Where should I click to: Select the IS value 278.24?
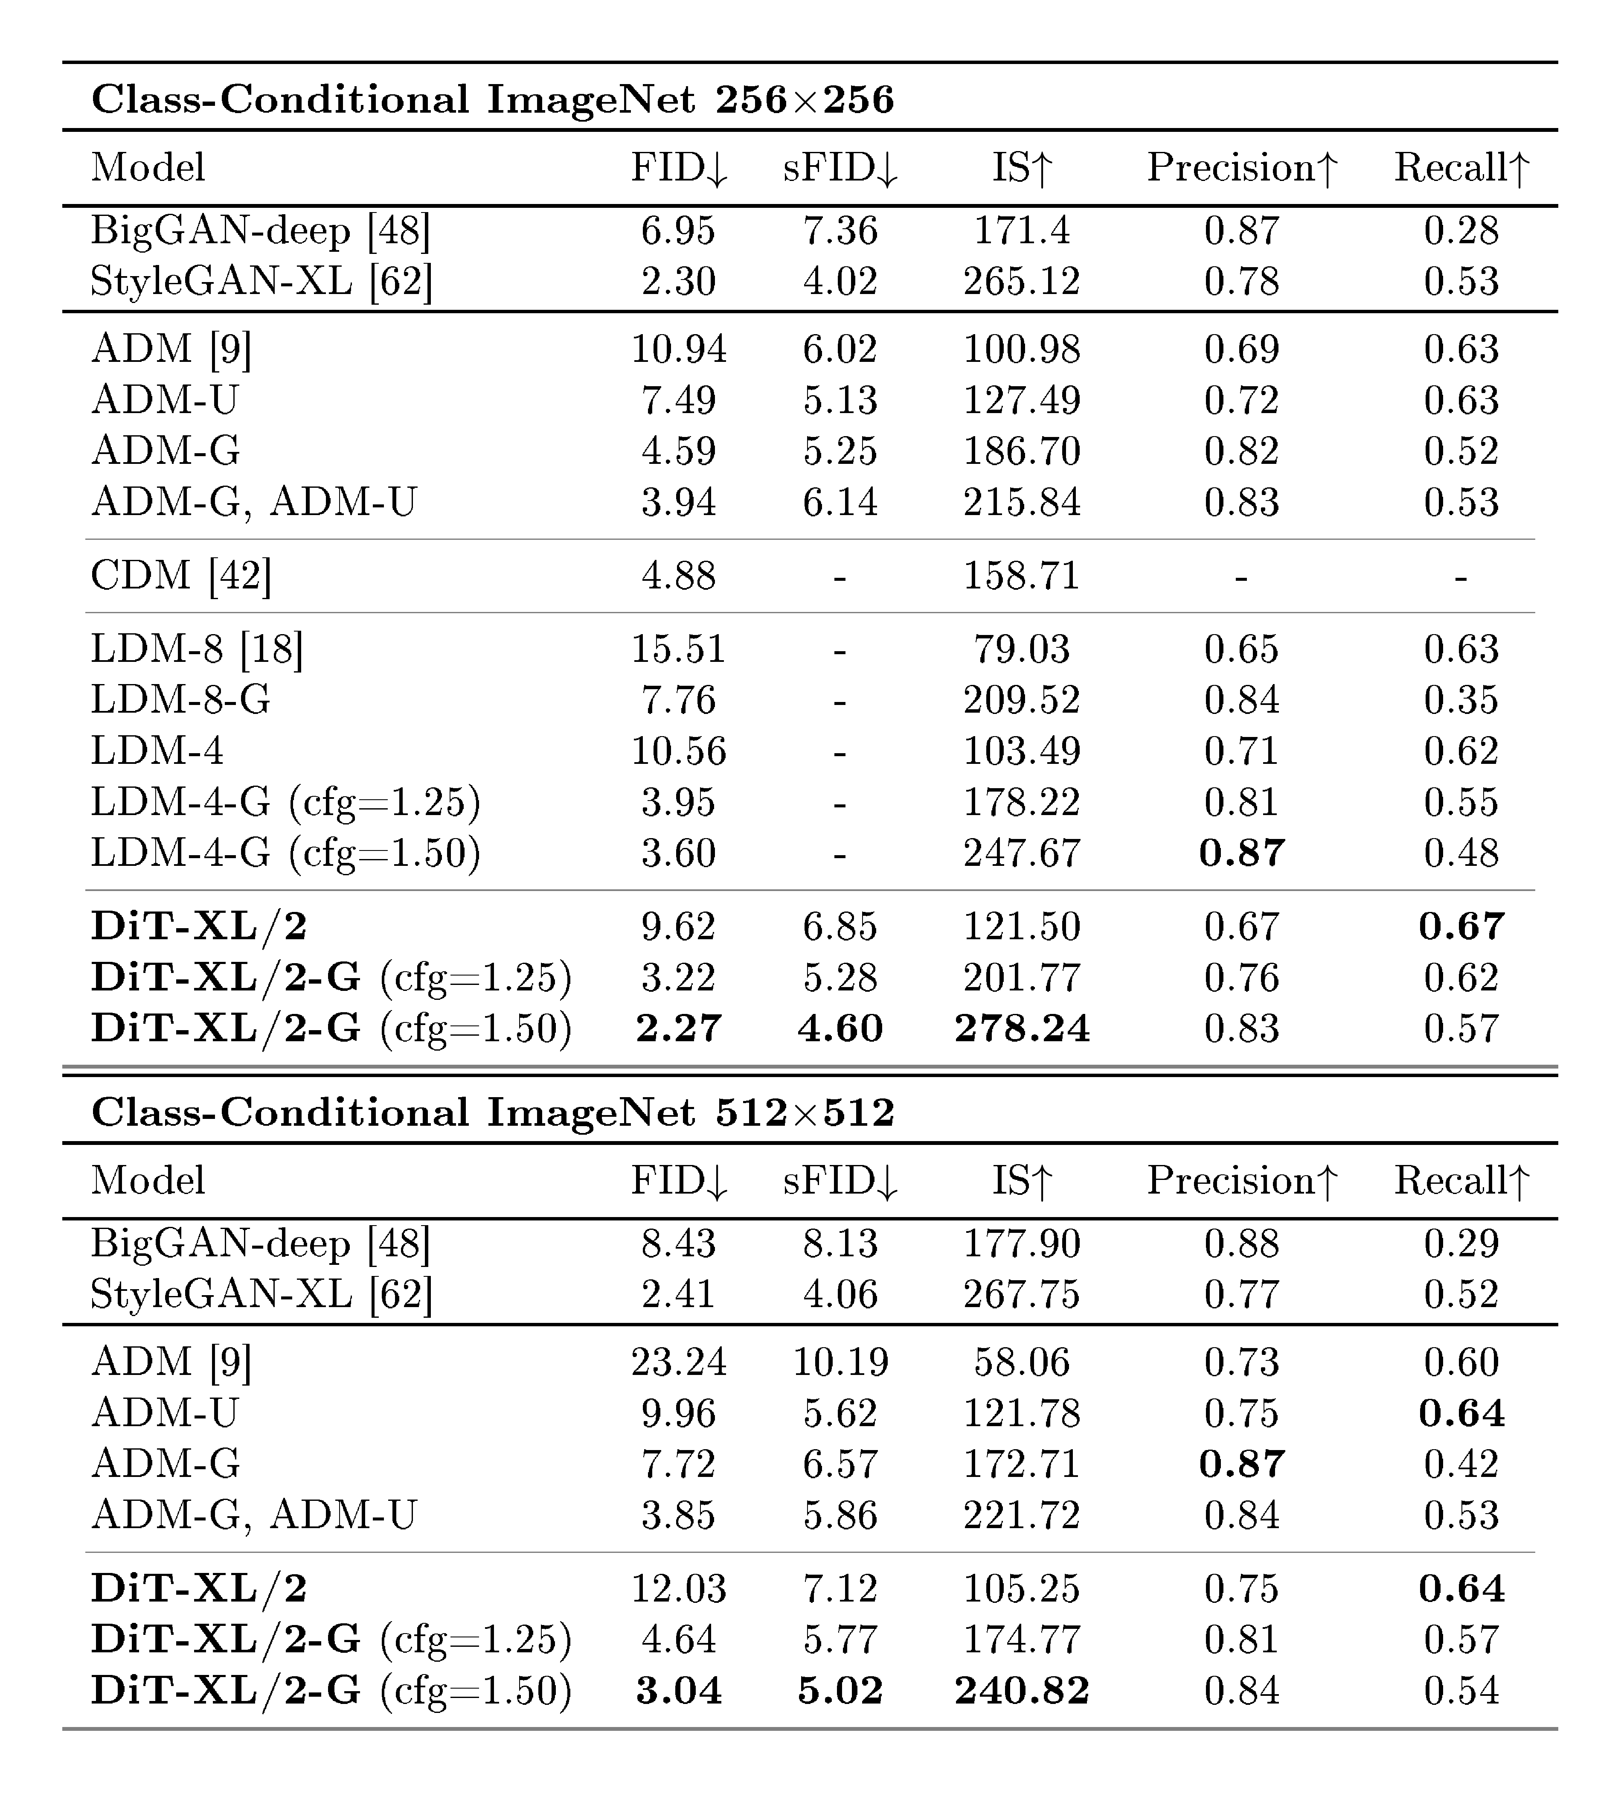pyautogui.click(x=1021, y=1029)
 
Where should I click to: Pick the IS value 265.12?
pyautogui.click(x=1021, y=281)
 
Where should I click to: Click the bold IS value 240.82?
pyautogui.click(x=1021, y=1691)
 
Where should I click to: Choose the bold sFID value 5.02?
pyautogui.click(x=840, y=1691)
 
